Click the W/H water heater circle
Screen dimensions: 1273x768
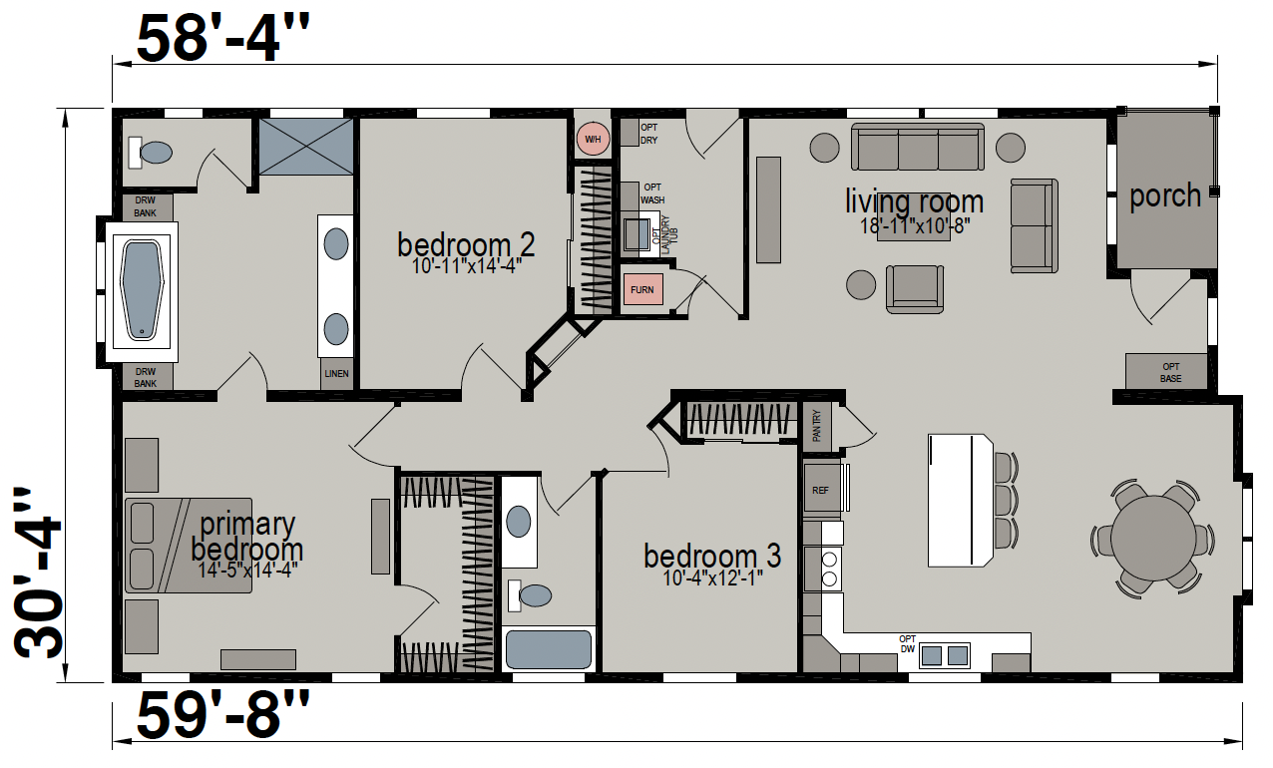pyautogui.click(x=593, y=139)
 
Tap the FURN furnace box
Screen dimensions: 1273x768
pyautogui.click(x=642, y=289)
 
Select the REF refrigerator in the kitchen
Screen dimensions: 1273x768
pyautogui.click(x=822, y=489)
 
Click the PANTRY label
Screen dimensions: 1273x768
pyautogui.click(x=817, y=426)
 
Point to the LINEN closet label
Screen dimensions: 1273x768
pyautogui.click(x=336, y=374)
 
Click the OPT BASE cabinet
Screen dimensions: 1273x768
pyautogui.click(x=1166, y=371)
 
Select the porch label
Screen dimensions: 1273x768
pyautogui.click(x=1165, y=196)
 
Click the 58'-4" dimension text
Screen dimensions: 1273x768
pyautogui.click(x=222, y=39)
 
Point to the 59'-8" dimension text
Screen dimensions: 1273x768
pyautogui.click(x=222, y=714)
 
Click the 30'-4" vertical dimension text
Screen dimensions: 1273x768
pyautogui.click(x=38, y=573)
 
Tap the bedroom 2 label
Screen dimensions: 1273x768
pyautogui.click(x=466, y=245)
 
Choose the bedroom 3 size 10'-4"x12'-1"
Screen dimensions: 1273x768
pyautogui.click(x=712, y=578)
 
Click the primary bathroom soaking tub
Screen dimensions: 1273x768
pyautogui.click(x=142, y=291)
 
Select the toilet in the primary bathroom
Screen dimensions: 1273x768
pyautogui.click(x=150, y=153)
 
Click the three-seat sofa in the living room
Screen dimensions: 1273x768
pyautogui.click(x=918, y=147)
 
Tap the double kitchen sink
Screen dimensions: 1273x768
pyautogui.click(x=944, y=655)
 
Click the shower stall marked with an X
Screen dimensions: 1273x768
pyautogui.click(x=306, y=146)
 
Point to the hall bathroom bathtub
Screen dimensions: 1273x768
pyautogui.click(x=549, y=648)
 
